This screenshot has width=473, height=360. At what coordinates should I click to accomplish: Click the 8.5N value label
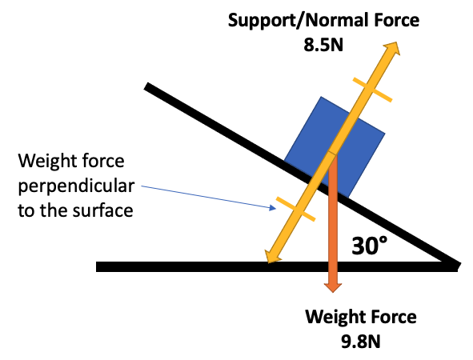(x=323, y=46)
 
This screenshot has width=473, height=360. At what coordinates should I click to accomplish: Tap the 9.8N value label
(x=361, y=342)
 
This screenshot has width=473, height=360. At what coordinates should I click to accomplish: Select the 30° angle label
(x=369, y=246)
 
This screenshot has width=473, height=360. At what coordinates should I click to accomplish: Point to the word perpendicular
(x=76, y=186)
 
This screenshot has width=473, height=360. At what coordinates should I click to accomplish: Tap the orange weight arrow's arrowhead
(x=333, y=287)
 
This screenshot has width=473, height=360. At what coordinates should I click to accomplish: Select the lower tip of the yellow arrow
(x=267, y=263)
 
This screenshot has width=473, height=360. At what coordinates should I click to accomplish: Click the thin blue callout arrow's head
(x=273, y=208)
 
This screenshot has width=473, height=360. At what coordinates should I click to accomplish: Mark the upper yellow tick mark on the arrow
(x=372, y=90)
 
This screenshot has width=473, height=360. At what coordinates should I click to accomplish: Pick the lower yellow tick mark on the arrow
(x=296, y=209)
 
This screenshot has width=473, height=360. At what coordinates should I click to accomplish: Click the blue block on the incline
(x=335, y=147)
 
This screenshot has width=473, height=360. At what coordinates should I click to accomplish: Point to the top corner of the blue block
(x=321, y=97)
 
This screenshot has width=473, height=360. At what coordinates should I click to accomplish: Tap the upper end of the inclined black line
(x=146, y=86)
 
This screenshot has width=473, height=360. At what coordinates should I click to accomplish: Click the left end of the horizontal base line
(x=97, y=267)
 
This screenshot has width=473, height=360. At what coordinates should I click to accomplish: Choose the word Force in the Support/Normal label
(x=396, y=20)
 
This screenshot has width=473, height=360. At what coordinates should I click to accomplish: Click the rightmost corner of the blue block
(x=385, y=133)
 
